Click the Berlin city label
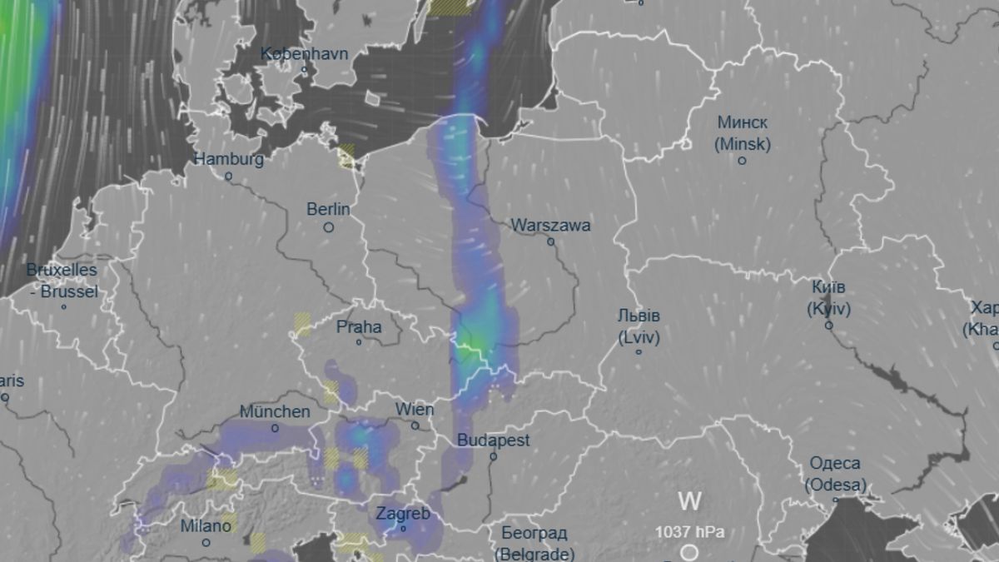pyautogui.click(x=328, y=209)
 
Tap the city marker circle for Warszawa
pyautogui.click(x=550, y=241)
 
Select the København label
pyautogui.click(x=304, y=53)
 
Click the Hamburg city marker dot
pyautogui.click(x=228, y=177)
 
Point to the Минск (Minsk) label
pyautogui.click(x=742, y=132)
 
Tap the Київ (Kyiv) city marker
pyautogui.click(x=828, y=325)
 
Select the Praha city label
pyautogui.click(x=359, y=326)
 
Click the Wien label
pyautogui.click(x=415, y=410)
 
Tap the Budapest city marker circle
pyautogui.click(x=493, y=456)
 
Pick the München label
pyautogui.click(x=275, y=411)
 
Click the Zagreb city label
pyautogui.click(x=403, y=514)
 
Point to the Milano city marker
pyautogui.click(x=206, y=543)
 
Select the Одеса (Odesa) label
pyautogui.click(x=836, y=474)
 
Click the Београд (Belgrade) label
pyautogui.click(x=534, y=543)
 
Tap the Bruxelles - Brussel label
pyautogui.click(x=62, y=281)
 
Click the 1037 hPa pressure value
pyautogui.click(x=689, y=531)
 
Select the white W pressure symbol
pyautogui.click(x=689, y=501)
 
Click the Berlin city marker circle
pyautogui.click(x=329, y=226)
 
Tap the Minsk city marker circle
pyautogui.click(x=742, y=160)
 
